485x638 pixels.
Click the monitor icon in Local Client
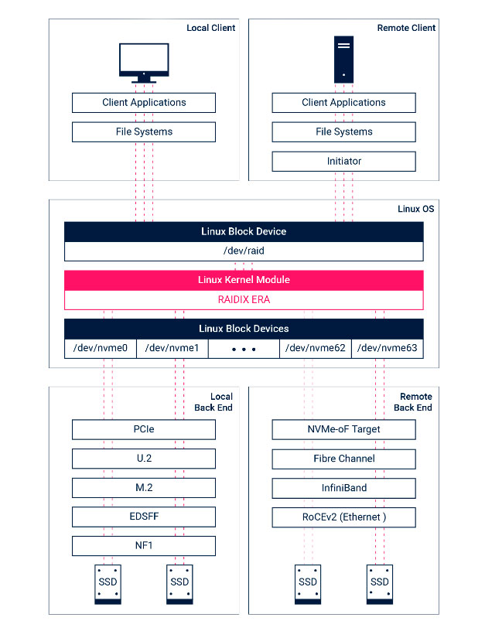144,62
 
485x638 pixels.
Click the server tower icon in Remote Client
344,59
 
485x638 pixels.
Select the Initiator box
344,161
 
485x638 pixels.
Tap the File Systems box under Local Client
144,131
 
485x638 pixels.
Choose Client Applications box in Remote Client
344,102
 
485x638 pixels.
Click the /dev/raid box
244,251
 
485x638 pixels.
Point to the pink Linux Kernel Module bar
244,279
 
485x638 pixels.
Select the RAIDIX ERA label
244,299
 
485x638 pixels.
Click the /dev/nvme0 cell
101,348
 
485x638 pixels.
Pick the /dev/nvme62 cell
315,348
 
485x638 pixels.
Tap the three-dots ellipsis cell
244,349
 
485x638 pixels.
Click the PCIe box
144,429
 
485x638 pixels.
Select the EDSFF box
144,517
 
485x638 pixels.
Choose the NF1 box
144,546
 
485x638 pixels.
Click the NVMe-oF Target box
344,429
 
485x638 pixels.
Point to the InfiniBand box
344,488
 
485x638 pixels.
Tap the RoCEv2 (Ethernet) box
344,517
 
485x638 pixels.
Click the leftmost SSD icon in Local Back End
108,583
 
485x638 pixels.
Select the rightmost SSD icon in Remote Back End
380,583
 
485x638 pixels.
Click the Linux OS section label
415,209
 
